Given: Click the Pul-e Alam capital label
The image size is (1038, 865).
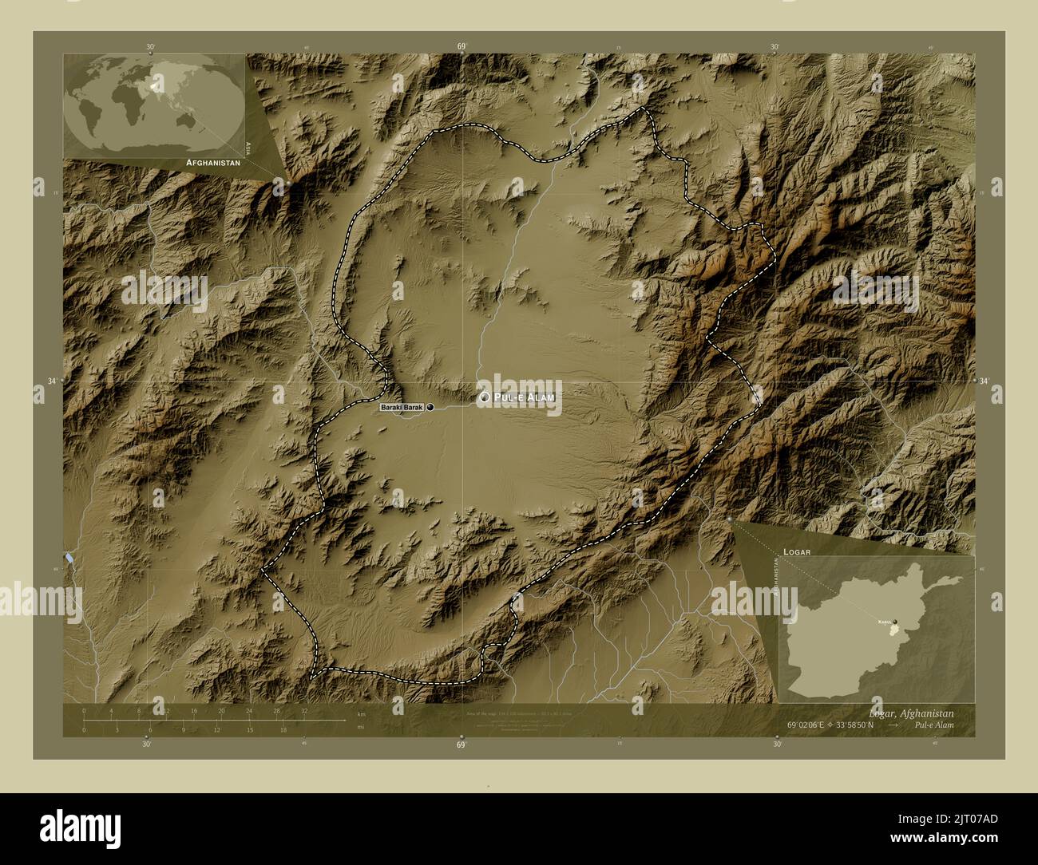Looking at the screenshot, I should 524,397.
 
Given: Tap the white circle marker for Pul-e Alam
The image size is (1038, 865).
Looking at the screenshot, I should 484,397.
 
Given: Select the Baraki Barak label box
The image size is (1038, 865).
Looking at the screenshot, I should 401,408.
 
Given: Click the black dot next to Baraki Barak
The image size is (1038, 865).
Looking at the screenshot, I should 431,408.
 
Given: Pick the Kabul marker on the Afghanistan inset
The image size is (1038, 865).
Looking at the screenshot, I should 896,622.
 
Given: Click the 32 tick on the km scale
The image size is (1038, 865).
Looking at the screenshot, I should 304,710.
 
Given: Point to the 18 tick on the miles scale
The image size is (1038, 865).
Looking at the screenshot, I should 283,729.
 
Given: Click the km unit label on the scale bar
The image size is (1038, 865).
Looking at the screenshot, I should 362,714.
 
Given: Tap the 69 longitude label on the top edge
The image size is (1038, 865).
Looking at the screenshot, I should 462,47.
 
